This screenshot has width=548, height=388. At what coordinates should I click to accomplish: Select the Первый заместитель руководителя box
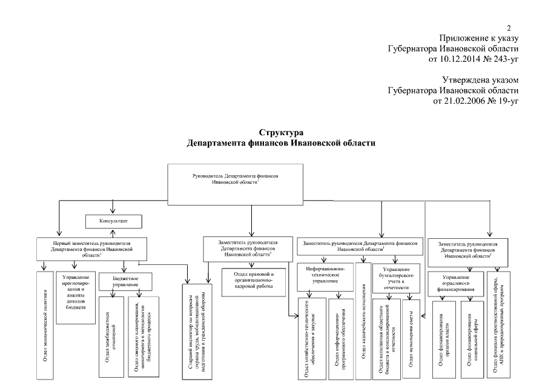click(92, 249)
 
